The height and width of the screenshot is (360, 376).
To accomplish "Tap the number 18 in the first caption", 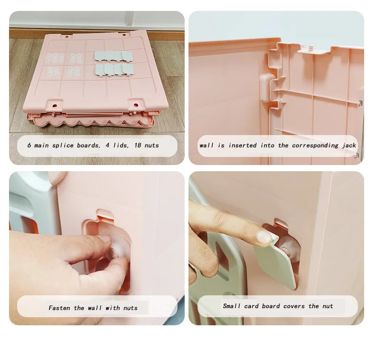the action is click(x=138, y=145).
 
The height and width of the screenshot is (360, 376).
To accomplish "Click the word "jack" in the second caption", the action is click(x=349, y=146).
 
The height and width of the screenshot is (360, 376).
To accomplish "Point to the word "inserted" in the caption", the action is click(x=242, y=146).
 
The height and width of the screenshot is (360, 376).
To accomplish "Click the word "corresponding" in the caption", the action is click(x=315, y=146).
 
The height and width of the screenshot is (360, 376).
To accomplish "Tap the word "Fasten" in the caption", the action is click(x=59, y=308).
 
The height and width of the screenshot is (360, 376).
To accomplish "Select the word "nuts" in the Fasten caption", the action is click(x=130, y=308).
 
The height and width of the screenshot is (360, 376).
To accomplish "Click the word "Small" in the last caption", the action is click(x=232, y=306).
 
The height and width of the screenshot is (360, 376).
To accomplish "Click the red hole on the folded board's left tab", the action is click(x=55, y=106).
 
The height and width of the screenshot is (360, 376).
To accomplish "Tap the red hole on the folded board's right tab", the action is click(x=136, y=105).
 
